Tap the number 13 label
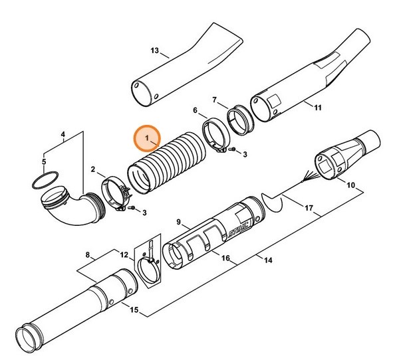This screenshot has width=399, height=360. [x=155, y=51]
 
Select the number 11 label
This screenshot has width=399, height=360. [x=317, y=107]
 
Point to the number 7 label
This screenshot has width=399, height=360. [x=215, y=100]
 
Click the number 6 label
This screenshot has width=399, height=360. [x=196, y=110]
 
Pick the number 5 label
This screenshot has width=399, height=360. [x=44, y=161]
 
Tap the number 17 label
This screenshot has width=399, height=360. [x=308, y=207]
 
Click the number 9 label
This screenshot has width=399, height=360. [x=179, y=221]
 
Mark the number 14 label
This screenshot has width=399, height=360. [x=268, y=261]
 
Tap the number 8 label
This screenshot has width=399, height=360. [x=88, y=254]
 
